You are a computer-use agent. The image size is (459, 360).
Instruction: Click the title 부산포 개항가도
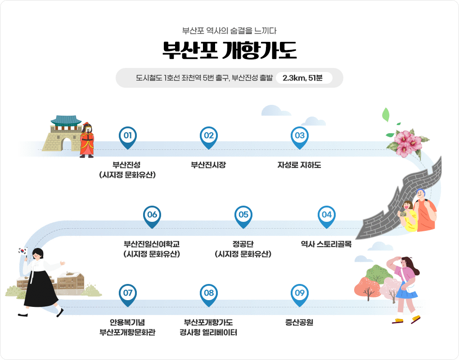tap(229, 51)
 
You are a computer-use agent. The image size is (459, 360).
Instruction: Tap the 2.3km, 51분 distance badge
tap(302, 78)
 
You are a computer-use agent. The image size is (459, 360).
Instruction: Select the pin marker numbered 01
tap(127, 136)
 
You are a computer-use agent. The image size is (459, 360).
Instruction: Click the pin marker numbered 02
tap(208, 136)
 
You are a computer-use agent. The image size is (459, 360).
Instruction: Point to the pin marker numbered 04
tap(327, 215)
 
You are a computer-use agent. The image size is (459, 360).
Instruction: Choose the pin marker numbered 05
tap(243, 215)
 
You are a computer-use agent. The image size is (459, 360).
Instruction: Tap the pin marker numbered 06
tap(152, 215)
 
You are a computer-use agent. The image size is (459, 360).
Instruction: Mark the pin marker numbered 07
tap(127, 293)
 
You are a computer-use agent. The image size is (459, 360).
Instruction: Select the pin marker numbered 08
tap(208, 293)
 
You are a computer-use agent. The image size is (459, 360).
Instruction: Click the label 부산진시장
tap(208, 165)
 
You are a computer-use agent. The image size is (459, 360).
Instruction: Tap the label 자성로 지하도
tap(299, 165)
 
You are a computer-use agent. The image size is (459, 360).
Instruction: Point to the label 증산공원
tap(299, 322)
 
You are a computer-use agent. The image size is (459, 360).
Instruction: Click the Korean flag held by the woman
tap(22, 251)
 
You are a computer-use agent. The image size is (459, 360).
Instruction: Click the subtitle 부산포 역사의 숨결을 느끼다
tap(229, 31)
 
